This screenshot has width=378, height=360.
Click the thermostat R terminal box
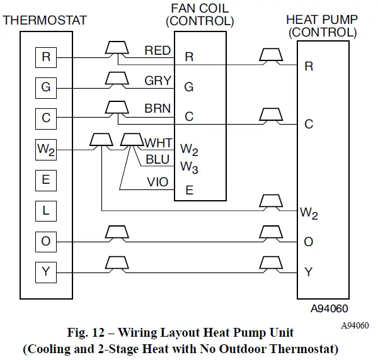click(x=45, y=57)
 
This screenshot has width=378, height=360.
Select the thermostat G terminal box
click(x=45, y=87)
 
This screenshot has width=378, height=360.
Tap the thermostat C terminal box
click(x=45, y=118)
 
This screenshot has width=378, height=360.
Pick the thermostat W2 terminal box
click(x=45, y=149)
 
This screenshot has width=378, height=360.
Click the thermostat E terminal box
click(x=45, y=179)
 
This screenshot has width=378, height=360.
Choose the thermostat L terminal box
click(x=45, y=210)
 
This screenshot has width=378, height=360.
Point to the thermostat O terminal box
click(x=45, y=241)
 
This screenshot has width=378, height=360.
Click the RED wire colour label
click(x=157, y=50)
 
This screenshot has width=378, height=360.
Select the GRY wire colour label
click(x=157, y=81)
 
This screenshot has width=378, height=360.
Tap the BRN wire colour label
click(x=157, y=108)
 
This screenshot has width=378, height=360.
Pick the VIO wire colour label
click(x=157, y=182)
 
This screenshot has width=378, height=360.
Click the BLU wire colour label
click(x=157, y=160)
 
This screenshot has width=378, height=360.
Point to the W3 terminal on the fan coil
click(x=189, y=167)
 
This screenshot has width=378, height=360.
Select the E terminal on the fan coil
click(x=189, y=190)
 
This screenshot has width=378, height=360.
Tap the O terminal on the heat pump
click(x=309, y=242)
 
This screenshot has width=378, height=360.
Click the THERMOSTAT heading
click(x=45, y=20)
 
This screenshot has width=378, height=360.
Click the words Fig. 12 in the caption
click(x=89, y=332)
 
